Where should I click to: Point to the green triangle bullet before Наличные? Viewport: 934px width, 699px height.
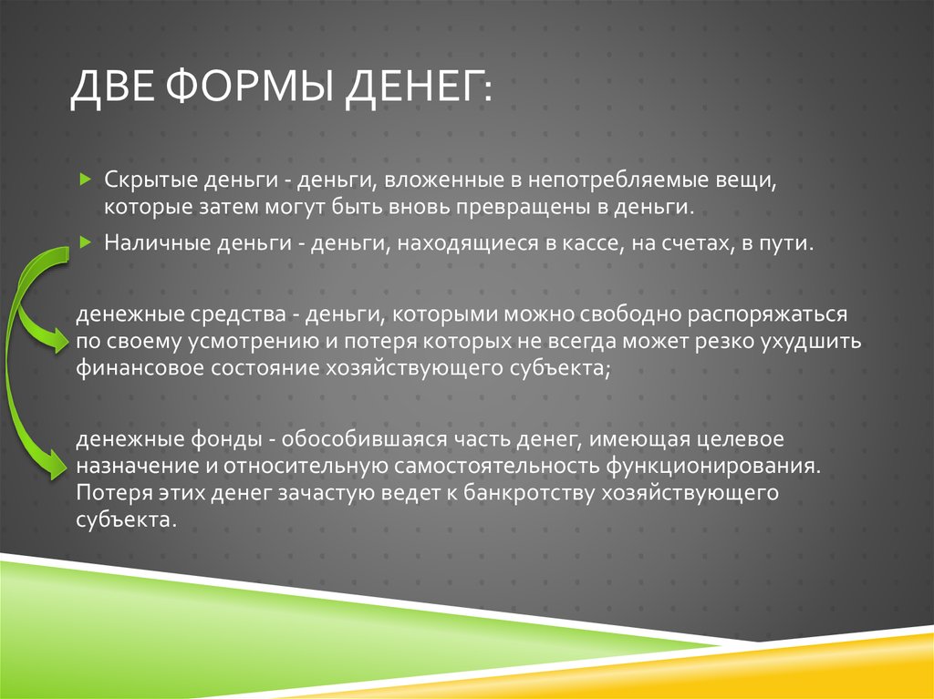click(84, 242)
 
